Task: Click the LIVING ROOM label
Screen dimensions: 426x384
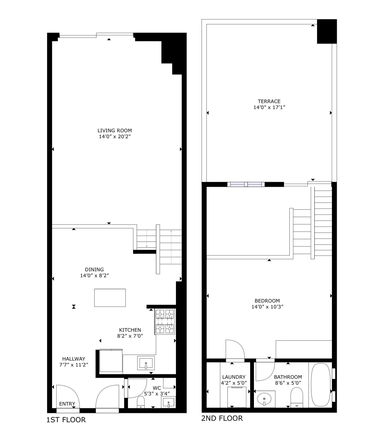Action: tap(115, 130)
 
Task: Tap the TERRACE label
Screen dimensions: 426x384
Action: tap(269, 101)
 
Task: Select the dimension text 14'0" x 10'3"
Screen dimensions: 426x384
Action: tap(267, 307)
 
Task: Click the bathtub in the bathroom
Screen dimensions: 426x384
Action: tap(321, 384)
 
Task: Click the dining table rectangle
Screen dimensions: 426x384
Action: tap(110, 298)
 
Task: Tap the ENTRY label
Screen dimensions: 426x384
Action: tap(67, 404)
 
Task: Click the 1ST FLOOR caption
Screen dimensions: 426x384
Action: tap(66, 420)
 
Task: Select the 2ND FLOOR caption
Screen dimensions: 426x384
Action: tap(222, 418)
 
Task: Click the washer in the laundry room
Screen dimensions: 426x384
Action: tap(237, 397)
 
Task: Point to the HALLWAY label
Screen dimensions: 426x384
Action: tap(74, 359)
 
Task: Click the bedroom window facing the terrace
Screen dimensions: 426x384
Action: tap(246, 184)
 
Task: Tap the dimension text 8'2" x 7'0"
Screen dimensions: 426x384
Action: tap(130, 336)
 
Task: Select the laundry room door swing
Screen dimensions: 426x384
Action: tap(235, 350)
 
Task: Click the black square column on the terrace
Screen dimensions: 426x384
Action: tap(327, 31)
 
